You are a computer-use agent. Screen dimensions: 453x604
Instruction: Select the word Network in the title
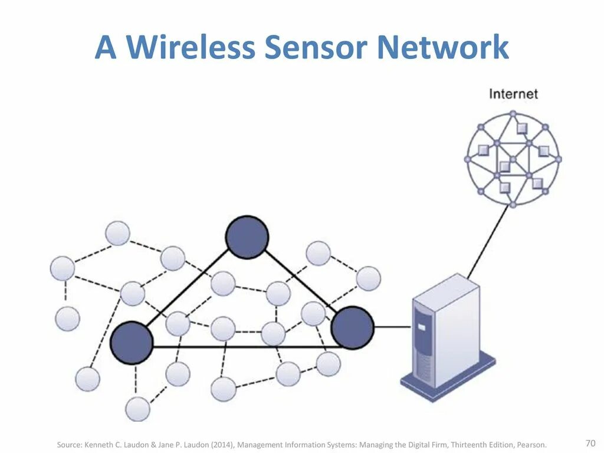tap(442, 47)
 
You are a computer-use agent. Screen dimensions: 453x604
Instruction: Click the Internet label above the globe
tap(513, 94)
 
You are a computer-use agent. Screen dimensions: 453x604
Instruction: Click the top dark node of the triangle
tap(247, 237)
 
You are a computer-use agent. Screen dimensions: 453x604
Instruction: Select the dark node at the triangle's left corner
tap(132, 343)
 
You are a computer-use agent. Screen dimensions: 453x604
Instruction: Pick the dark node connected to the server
tap(352, 327)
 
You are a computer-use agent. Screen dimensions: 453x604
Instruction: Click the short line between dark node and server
tap(392, 327)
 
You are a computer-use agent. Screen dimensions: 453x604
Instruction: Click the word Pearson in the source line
tap(532, 444)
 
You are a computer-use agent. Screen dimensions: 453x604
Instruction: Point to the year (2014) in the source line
tap(205, 444)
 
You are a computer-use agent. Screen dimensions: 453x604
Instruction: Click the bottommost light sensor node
tap(137, 409)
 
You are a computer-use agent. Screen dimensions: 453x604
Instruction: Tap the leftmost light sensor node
tap(63, 268)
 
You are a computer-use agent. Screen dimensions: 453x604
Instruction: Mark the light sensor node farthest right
tap(369, 278)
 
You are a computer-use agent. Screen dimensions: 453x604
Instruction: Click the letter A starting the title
tap(106, 47)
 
